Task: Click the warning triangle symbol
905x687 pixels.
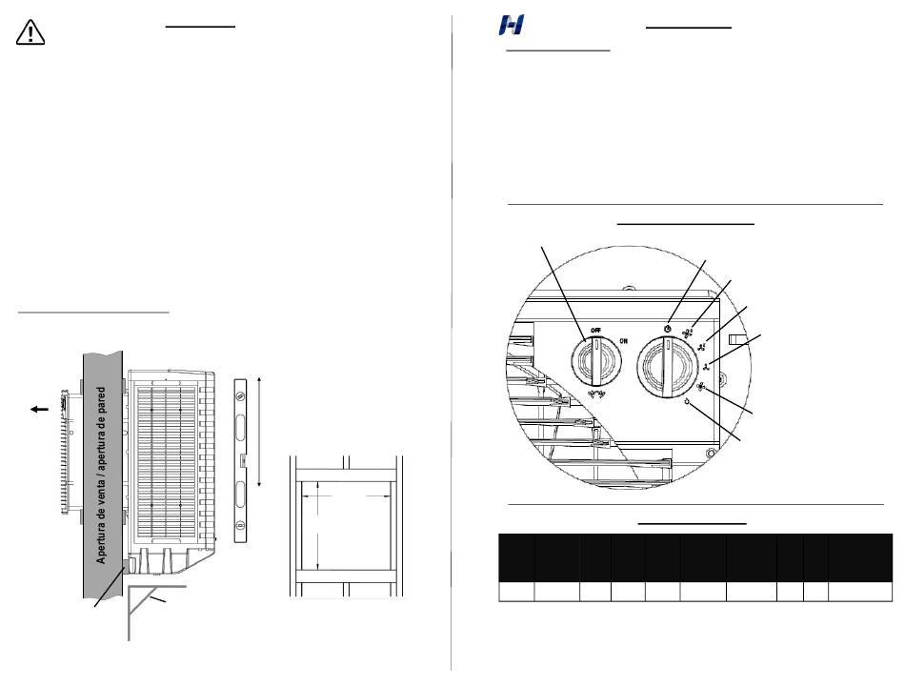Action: pyautogui.click(x=30, y=32)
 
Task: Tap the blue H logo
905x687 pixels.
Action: pyautogui.click(x=512, y=26)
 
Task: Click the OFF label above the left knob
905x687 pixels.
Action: pyautogui.click(x=595, y=331)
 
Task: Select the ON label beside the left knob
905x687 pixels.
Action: pyautogui.click(x=624, y=341)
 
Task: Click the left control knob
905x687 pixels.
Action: pyautogui.click(x=596, y=362)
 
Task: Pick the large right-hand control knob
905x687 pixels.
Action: pyautogui.click(x=667, y=368)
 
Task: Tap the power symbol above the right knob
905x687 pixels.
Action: pyautogui.click(x=667, y=329)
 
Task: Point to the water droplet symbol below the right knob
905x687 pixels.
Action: pyautogui.click(x=688, y=402)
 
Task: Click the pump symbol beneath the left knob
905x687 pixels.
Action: pyautogui.click(x=596, y=394)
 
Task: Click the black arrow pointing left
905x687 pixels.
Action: pyautogui.click(x=39, y=410)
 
